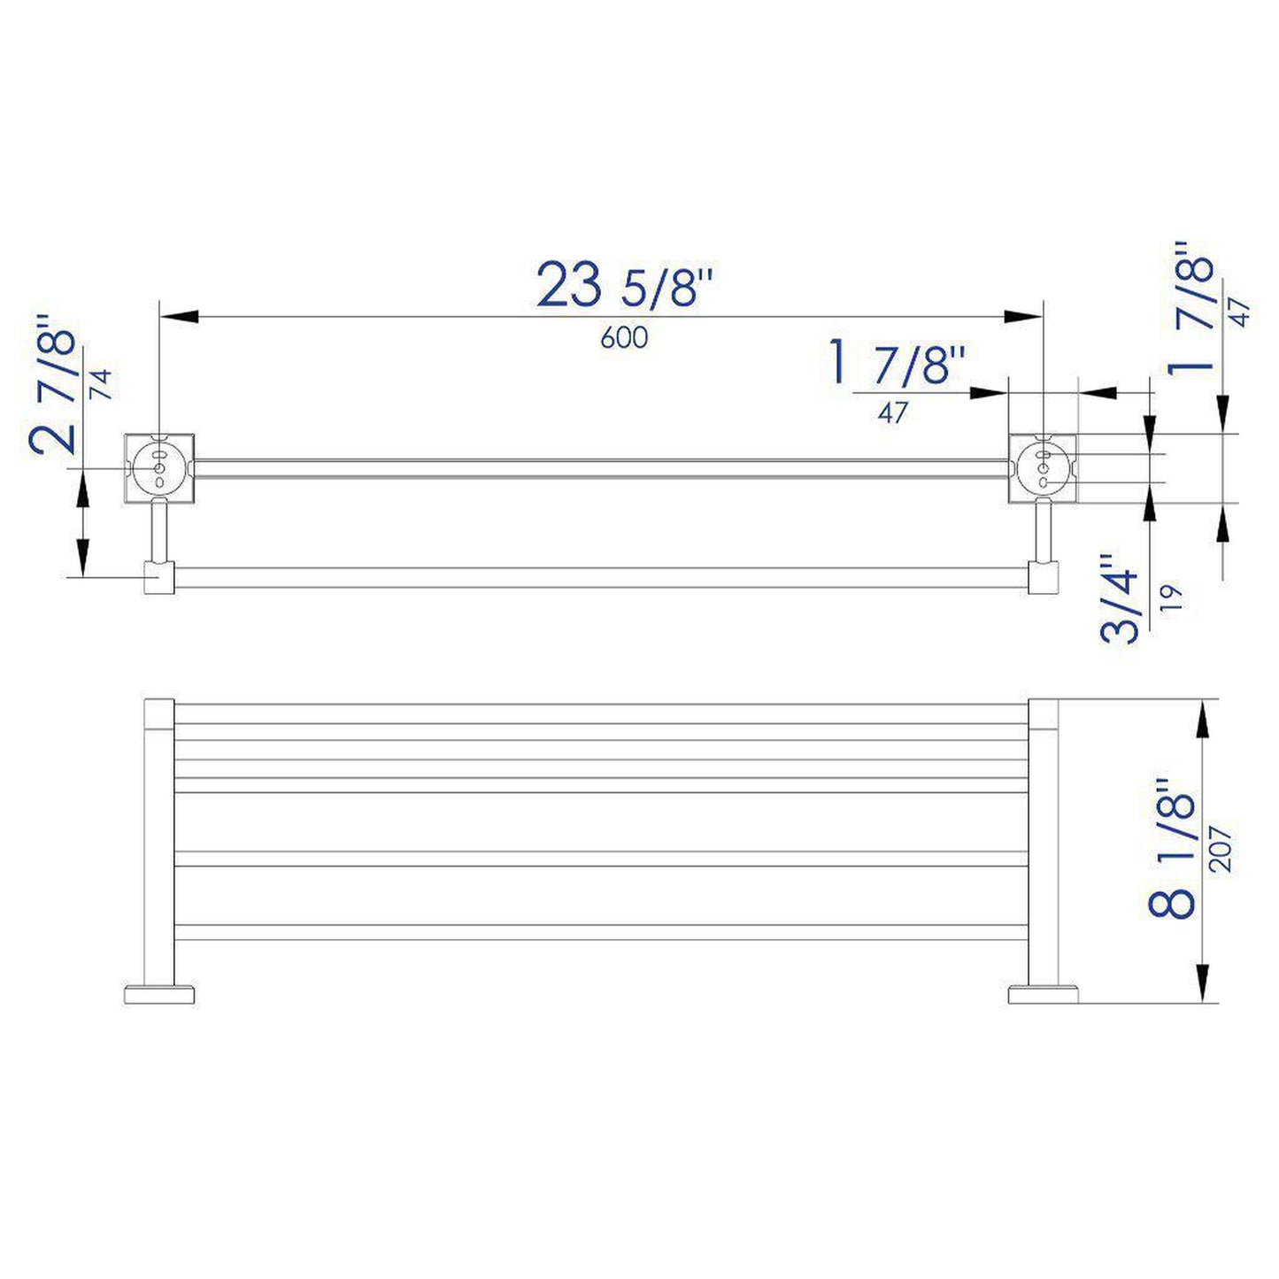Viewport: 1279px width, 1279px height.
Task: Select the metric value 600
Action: pos(624,337)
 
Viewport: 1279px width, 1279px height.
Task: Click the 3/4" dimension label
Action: pos(1119,600)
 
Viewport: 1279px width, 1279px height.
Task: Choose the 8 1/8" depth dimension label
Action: pos(1173,851)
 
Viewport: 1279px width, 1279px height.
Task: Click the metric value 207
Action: pos(1224,850)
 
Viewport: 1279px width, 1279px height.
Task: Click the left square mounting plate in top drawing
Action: pos(159,467)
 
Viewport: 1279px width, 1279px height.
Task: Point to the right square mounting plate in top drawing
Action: pos(1043,467)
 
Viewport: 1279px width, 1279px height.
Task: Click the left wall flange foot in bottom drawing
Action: pos(159,993)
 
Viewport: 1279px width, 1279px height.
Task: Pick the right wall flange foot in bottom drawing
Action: pos(1043,993)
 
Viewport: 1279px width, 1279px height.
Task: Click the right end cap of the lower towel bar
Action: pos(1043,578)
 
